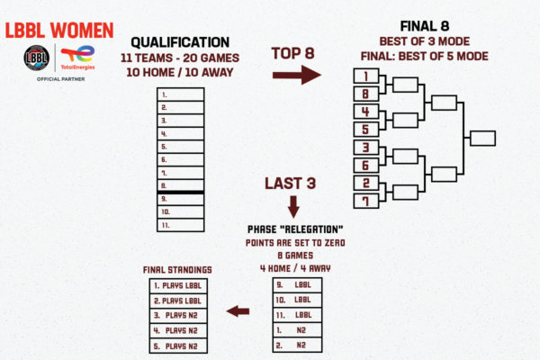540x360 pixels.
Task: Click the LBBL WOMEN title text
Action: click(x=58, y=30)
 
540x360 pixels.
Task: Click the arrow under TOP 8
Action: click(x=298, y=74)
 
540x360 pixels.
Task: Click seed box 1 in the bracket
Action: click(x=365, y=78)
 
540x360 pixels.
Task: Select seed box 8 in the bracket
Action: click(x=365, y=94)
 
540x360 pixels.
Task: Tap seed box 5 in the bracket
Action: click(x=365, y=129)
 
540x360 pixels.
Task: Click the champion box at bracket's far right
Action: click(x=482, y=139)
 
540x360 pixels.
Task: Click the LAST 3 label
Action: click(x=290, y=184)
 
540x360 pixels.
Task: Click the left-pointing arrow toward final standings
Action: click(x=238, y=311)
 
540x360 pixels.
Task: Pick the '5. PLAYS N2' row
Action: click(x=180, y=345)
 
